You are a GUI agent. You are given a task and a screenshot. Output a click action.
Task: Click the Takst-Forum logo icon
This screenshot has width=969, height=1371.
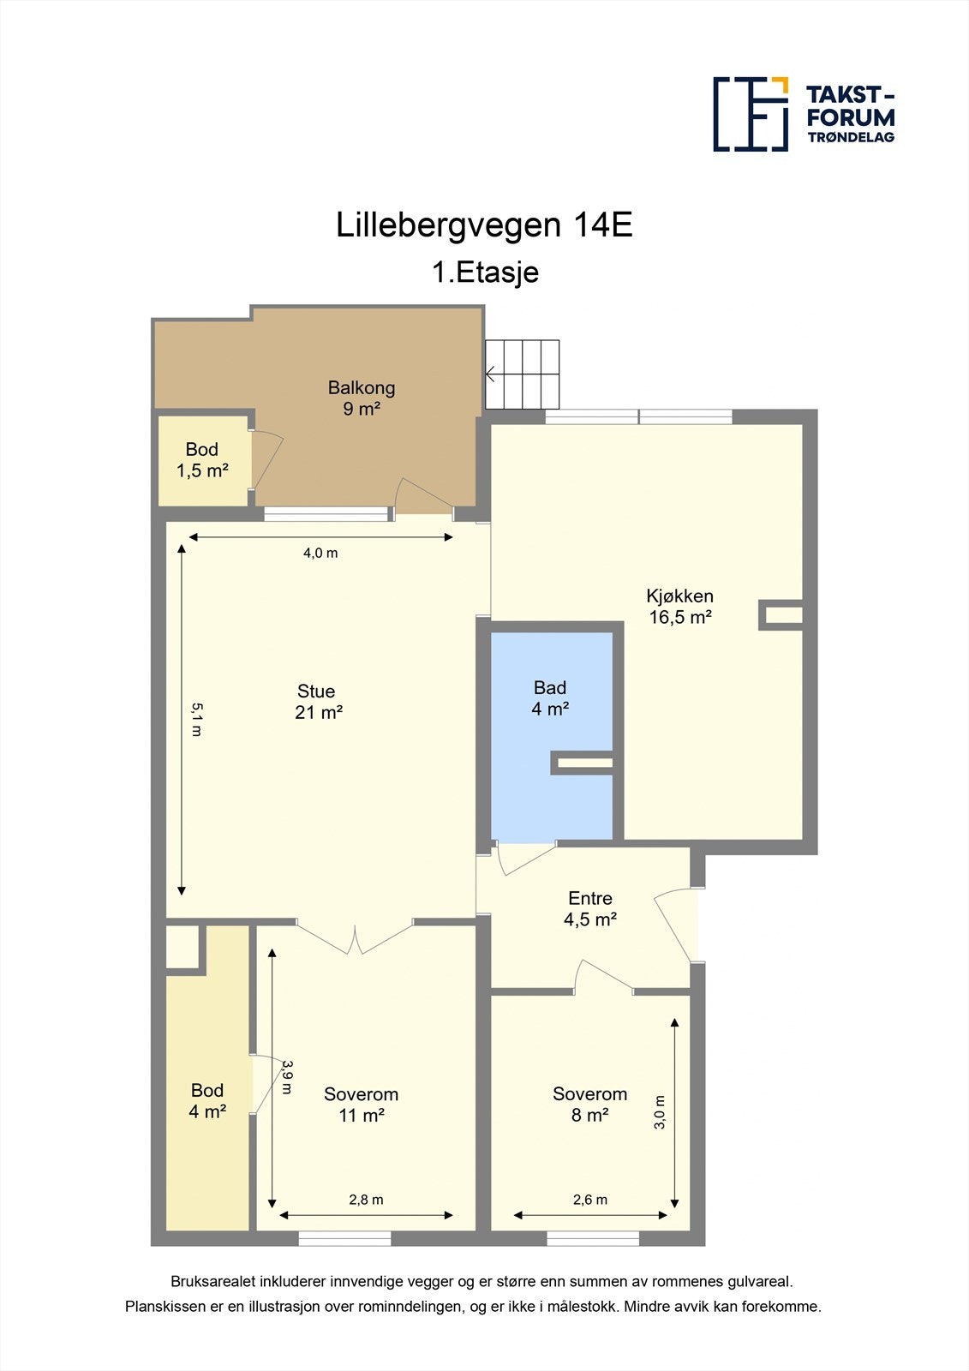click(751, 114)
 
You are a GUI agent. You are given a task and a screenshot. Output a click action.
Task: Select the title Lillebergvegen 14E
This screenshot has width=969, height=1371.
click(484, 225)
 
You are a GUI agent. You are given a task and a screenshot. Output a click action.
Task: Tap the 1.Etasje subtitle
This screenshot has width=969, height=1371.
click(485, 272)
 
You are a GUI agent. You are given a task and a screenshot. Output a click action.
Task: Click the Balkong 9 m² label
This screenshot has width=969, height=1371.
click(362, 398)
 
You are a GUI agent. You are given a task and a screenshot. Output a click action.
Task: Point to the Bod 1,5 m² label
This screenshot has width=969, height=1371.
click(202, 459)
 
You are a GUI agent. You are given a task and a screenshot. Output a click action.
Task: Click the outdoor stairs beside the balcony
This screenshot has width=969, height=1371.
click(522, 374)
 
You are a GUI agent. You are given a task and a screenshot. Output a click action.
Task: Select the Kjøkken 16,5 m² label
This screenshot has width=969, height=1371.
click(680, 606)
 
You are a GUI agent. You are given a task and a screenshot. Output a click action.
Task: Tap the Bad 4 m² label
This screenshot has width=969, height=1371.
click(550, 697)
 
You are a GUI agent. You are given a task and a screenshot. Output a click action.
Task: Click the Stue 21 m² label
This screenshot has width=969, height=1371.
click(318, 701)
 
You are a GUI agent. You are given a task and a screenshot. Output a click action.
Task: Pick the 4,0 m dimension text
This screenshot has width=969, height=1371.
click(320, 554)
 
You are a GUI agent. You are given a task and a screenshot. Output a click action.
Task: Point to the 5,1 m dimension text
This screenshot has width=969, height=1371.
click(196, 720)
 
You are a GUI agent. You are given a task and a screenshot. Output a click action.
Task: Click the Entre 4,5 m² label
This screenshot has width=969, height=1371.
click(590, 908)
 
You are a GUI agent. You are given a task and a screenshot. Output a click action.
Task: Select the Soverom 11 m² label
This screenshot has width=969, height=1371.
click(361, 1105)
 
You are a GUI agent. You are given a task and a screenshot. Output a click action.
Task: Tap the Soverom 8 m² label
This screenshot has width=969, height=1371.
click(589, 1105)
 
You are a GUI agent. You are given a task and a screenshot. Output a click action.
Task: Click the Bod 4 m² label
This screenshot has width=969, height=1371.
click(207, 1100)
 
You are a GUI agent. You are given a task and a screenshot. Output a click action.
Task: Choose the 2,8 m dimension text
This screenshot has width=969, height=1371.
click(366, 1200)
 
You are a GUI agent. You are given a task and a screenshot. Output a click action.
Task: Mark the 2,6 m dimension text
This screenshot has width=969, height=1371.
click(590, 1200)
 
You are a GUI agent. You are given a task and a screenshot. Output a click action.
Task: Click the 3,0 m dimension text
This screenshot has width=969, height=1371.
click(660, 1112)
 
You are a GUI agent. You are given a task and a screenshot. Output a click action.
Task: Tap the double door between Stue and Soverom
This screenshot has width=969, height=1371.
click(356, 936)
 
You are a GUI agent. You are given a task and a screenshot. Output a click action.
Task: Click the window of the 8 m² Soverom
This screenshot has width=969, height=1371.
click(593, 1238)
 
